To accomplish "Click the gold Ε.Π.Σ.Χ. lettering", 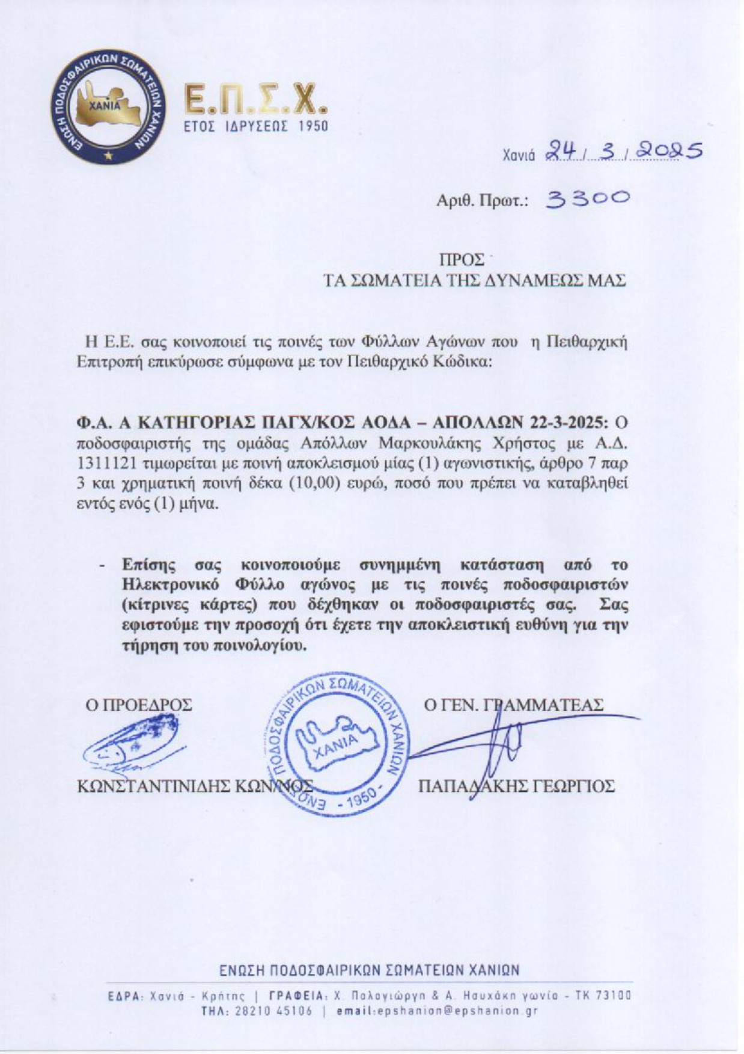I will pos(255,100).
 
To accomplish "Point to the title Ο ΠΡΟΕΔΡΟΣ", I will pos(139,705).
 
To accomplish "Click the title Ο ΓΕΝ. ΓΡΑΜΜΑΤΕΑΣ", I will pos(513,705).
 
